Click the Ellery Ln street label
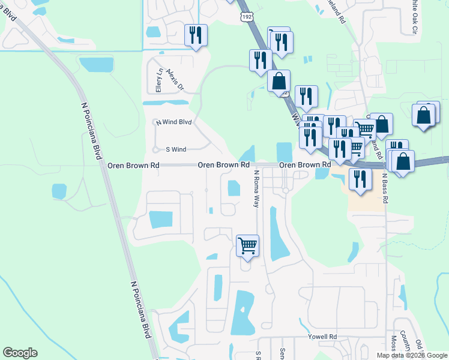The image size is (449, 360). tap(159, 80)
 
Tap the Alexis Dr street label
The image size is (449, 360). tap(176, 77)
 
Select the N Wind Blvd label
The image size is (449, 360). tap(173, 122)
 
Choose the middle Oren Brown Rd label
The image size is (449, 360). tap(223, 164)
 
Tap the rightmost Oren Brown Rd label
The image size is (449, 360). tap(306, 164)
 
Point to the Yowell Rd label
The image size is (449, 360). tap(324, 337)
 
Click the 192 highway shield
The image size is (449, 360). tap(247, 17)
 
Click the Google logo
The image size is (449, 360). tap(20, 353)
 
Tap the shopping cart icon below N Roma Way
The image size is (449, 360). tap(247, 245)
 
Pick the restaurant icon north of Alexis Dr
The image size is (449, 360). tap(196, 34)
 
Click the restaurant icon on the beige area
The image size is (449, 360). tap(360, 179)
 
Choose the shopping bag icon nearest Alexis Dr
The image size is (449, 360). tap(279, 80)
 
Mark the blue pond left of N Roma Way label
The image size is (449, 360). tap(233, 188)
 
